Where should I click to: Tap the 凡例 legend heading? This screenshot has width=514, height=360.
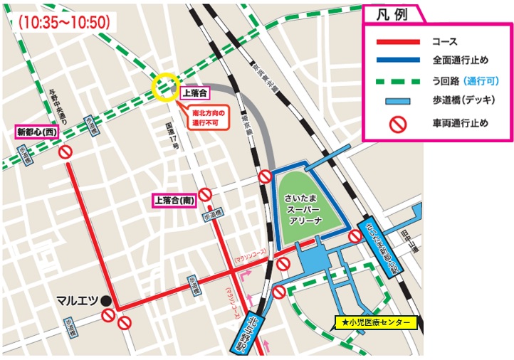(391, 14)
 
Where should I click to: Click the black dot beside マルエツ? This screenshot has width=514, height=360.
(105, 300)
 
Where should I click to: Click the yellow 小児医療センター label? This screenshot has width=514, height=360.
(376, 323)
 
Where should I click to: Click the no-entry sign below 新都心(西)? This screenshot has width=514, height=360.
(65, 152)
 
